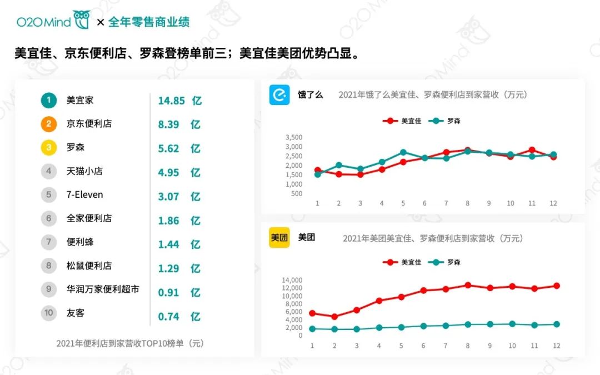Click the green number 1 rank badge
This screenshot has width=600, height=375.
point(48,101)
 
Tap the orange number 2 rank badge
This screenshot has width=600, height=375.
point(48,124)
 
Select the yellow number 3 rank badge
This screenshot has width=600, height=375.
point(48,148)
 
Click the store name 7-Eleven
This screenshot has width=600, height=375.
point(84,195)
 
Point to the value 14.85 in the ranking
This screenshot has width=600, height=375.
point(171,101)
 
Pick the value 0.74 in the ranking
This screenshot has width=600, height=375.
point(168,317)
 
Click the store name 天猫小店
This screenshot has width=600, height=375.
point(84,171)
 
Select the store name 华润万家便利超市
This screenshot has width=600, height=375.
point(103,289)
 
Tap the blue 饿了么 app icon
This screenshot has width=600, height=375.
point(279,94)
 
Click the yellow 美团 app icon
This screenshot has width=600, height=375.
point(279,238)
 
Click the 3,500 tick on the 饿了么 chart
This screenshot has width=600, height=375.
point(293,137)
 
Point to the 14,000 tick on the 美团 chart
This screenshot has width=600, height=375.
point(292,280)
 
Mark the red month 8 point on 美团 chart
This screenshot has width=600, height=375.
point(468,285)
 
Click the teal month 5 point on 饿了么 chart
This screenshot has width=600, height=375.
point(403,152)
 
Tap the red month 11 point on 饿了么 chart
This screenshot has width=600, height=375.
point(532,150)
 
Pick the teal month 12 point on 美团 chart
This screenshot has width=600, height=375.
point(556,324)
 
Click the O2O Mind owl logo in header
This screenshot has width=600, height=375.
point(82,20)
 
